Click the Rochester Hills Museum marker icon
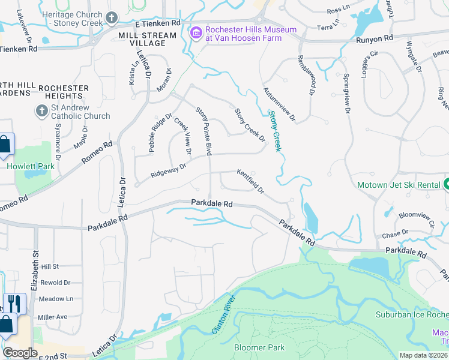(196, 33)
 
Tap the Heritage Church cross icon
(112, 19)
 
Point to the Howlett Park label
(31, 166)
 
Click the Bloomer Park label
(259, 347)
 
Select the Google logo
(20, 352)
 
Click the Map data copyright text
(423, 355)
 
